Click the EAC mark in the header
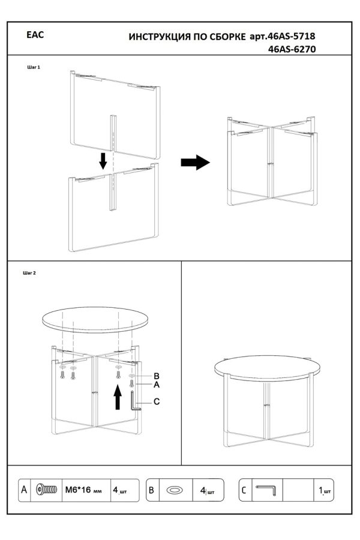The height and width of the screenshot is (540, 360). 35,35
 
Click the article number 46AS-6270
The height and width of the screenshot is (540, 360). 292,49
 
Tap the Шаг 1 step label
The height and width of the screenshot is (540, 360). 34,67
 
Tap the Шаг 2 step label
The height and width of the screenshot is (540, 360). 29,273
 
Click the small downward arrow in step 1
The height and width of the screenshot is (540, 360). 103,161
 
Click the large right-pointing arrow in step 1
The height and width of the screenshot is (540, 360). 196,162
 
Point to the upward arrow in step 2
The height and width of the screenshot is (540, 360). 118,397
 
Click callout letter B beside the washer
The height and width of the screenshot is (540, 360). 157,376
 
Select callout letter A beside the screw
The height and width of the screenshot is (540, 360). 157,385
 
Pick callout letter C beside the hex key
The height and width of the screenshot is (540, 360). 157,401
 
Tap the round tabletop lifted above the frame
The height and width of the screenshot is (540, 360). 95,320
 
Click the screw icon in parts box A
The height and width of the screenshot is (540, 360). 47,490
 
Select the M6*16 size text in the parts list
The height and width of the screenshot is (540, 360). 78,490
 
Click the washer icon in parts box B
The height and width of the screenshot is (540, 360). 175,490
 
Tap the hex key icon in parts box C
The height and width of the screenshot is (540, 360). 266,490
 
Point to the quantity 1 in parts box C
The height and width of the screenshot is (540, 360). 321,490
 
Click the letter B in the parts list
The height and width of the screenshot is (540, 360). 151,490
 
